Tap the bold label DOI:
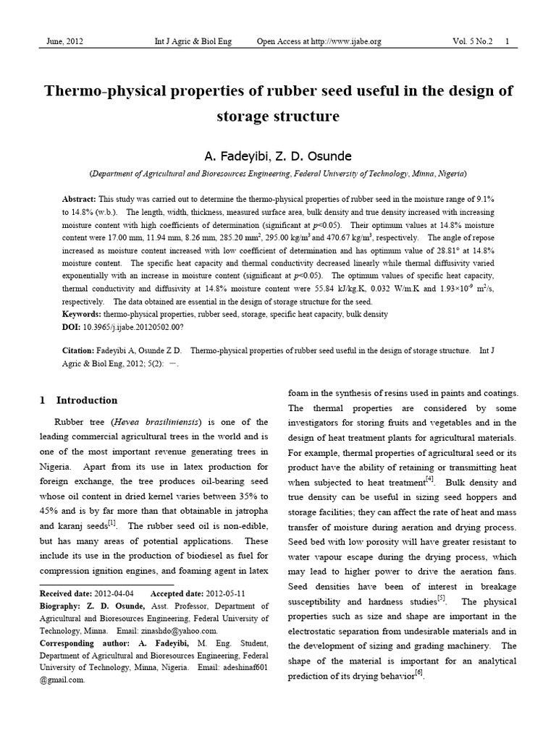pyautogui.click(x=72, y=326)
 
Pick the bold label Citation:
pyautogui.click(x=79, y=350)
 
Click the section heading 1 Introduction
pyautogui.click(x=78, y=400)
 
